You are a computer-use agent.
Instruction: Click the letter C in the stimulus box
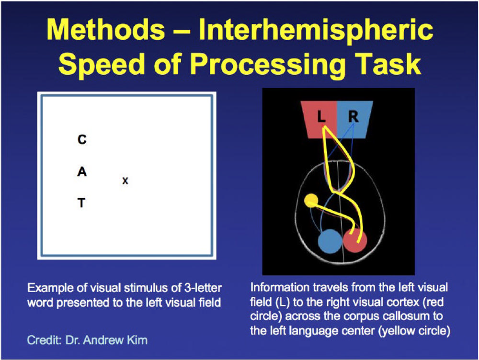pyautogui.click(x=82, y=139)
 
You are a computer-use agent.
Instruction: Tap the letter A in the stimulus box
pyautogui.click(x=82, y=172)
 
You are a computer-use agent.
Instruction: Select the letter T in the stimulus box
pyautogui.click(x=81, y=203)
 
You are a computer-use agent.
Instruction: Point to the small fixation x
pyautogui.click(x=125, y=181)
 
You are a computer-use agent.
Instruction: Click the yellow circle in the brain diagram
pyautogui.click(x=311, y=200)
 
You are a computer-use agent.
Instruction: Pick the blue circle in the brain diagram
pyautogui.click(x=330, y=241)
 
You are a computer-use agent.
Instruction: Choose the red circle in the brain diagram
pyautogui.click(x=354, y=241)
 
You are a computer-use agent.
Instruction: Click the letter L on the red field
pyautogui.click(x=321, y=116)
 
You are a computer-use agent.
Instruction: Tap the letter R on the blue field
pyautogui.click(x=354, y=116)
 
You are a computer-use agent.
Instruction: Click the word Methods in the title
pyautogui.click(x=106, y=30)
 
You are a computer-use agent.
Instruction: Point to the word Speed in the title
pyautogui.click(x=101, y=65)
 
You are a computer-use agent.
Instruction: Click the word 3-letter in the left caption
pyautogui.click(x=203, y=288)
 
